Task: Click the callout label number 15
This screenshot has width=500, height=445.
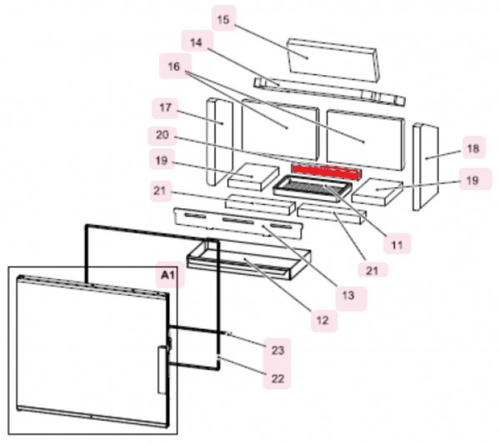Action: [x=222, y=18]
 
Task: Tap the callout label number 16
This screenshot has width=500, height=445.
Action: [x=172, y=66]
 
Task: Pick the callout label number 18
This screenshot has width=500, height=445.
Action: [x=472, y=149]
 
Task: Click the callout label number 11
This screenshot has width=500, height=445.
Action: [x=397, y=244]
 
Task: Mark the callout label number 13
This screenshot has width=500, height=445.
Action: [x=346, y=295]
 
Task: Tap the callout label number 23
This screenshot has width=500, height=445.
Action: [x=278, y=350]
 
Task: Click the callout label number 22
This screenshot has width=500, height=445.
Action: [x=278, y=379]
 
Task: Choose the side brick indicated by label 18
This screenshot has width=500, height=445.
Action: [x=426, y=167]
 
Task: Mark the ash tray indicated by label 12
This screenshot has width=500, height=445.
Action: [x=250, y=262]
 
